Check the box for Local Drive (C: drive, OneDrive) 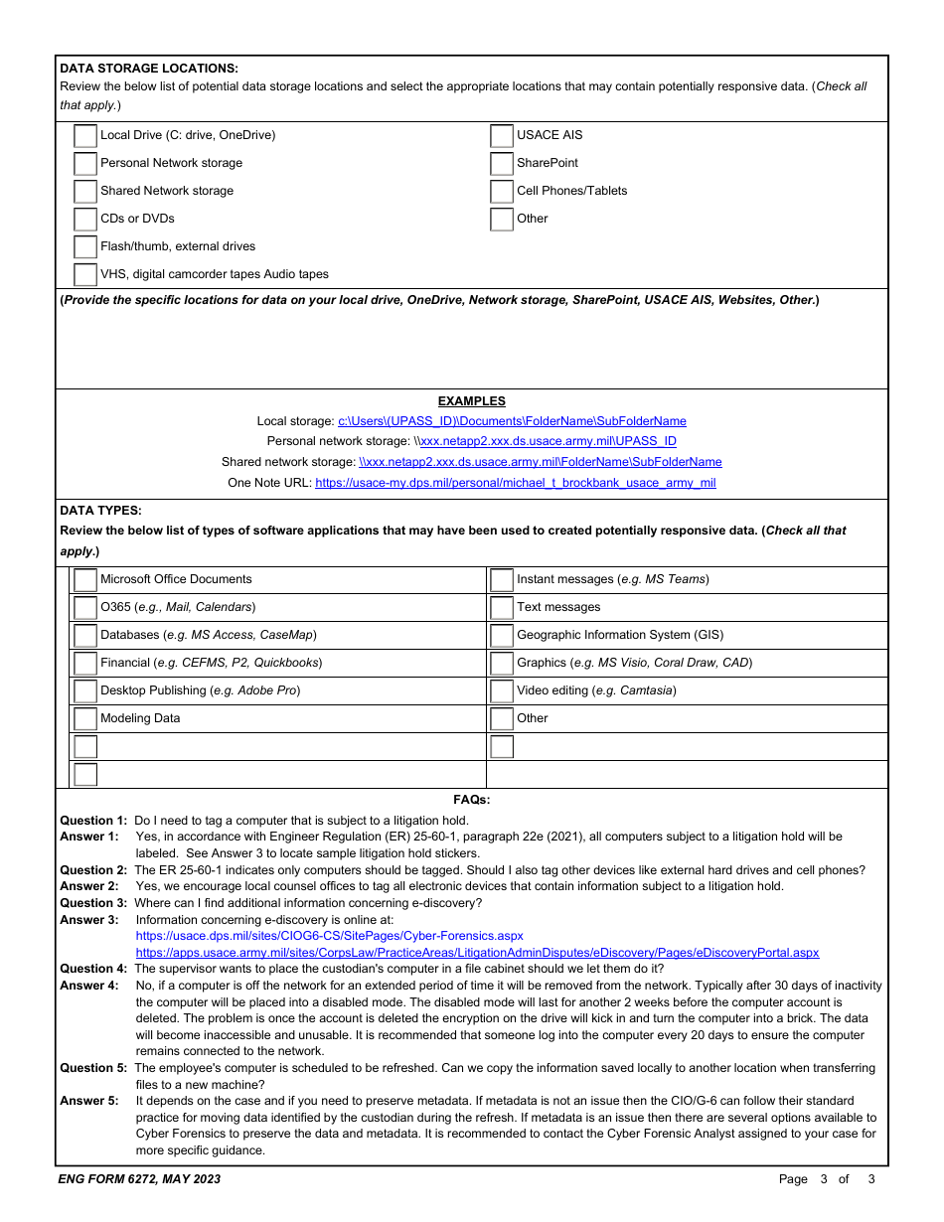coord(85,136)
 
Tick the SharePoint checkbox coord(502,164)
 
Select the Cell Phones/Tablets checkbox coord(502,192)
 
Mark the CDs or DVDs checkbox coord(85,220)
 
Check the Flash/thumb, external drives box coord(85,247)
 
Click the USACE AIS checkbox coord(502,136)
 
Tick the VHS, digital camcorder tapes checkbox coord(85,275)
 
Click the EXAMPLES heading coord(472,401)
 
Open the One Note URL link coord(515,483)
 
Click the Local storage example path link coord(512,421)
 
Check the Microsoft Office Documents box coord(85,580)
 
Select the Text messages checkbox coord(502,608)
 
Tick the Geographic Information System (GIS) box coord(502,636)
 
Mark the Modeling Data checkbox coord(85,719)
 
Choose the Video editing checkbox coord(502,691)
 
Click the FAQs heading coord(472,800)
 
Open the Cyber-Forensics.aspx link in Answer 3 coord(329,936)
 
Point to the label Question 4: coord(93,969)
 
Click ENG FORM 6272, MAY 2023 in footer coord(139,1179)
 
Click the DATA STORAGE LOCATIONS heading coord(149,69)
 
